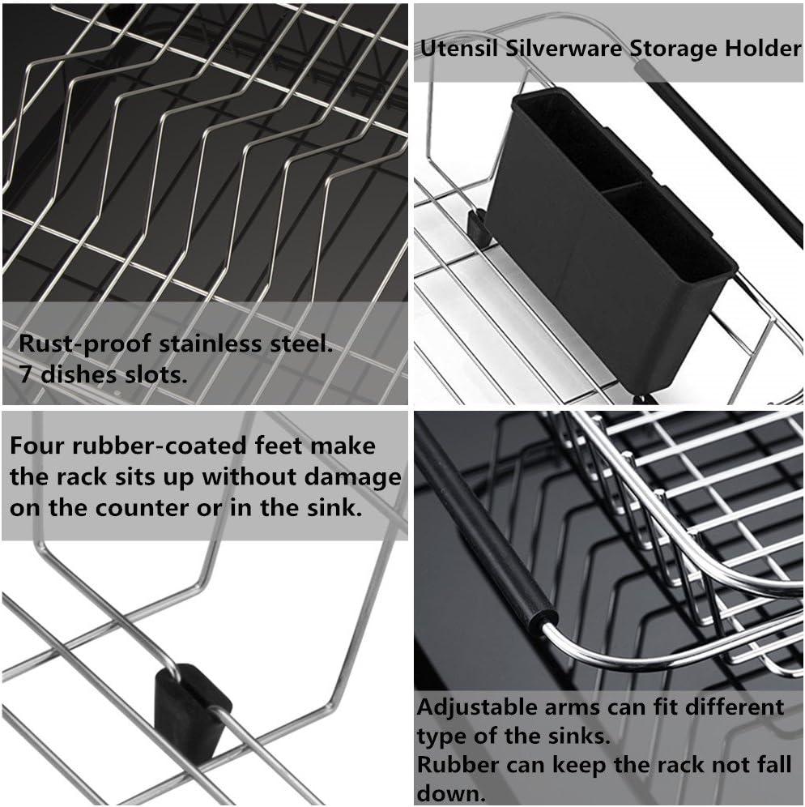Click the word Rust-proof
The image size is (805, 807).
coord(81,344)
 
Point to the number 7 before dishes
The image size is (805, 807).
coord(24,375)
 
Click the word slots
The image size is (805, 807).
coord(160,375)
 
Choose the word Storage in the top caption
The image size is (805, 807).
coord(667,49)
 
